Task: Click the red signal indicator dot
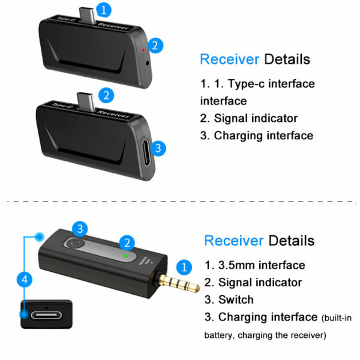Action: pyautogui.click(x=143, y=45)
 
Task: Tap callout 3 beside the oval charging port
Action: pyautogui.click(x=157, y=148)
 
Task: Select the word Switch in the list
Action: pyautogui.click(x=236, y=299)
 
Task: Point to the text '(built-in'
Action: pyautogui.click(x=340, y=317)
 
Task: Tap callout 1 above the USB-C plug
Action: pyautogui.click(x=104, y=10)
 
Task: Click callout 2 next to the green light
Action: pyautogui.click(x=126, y=243)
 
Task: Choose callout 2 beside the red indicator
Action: pyautogui.click(x=155, y=44)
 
